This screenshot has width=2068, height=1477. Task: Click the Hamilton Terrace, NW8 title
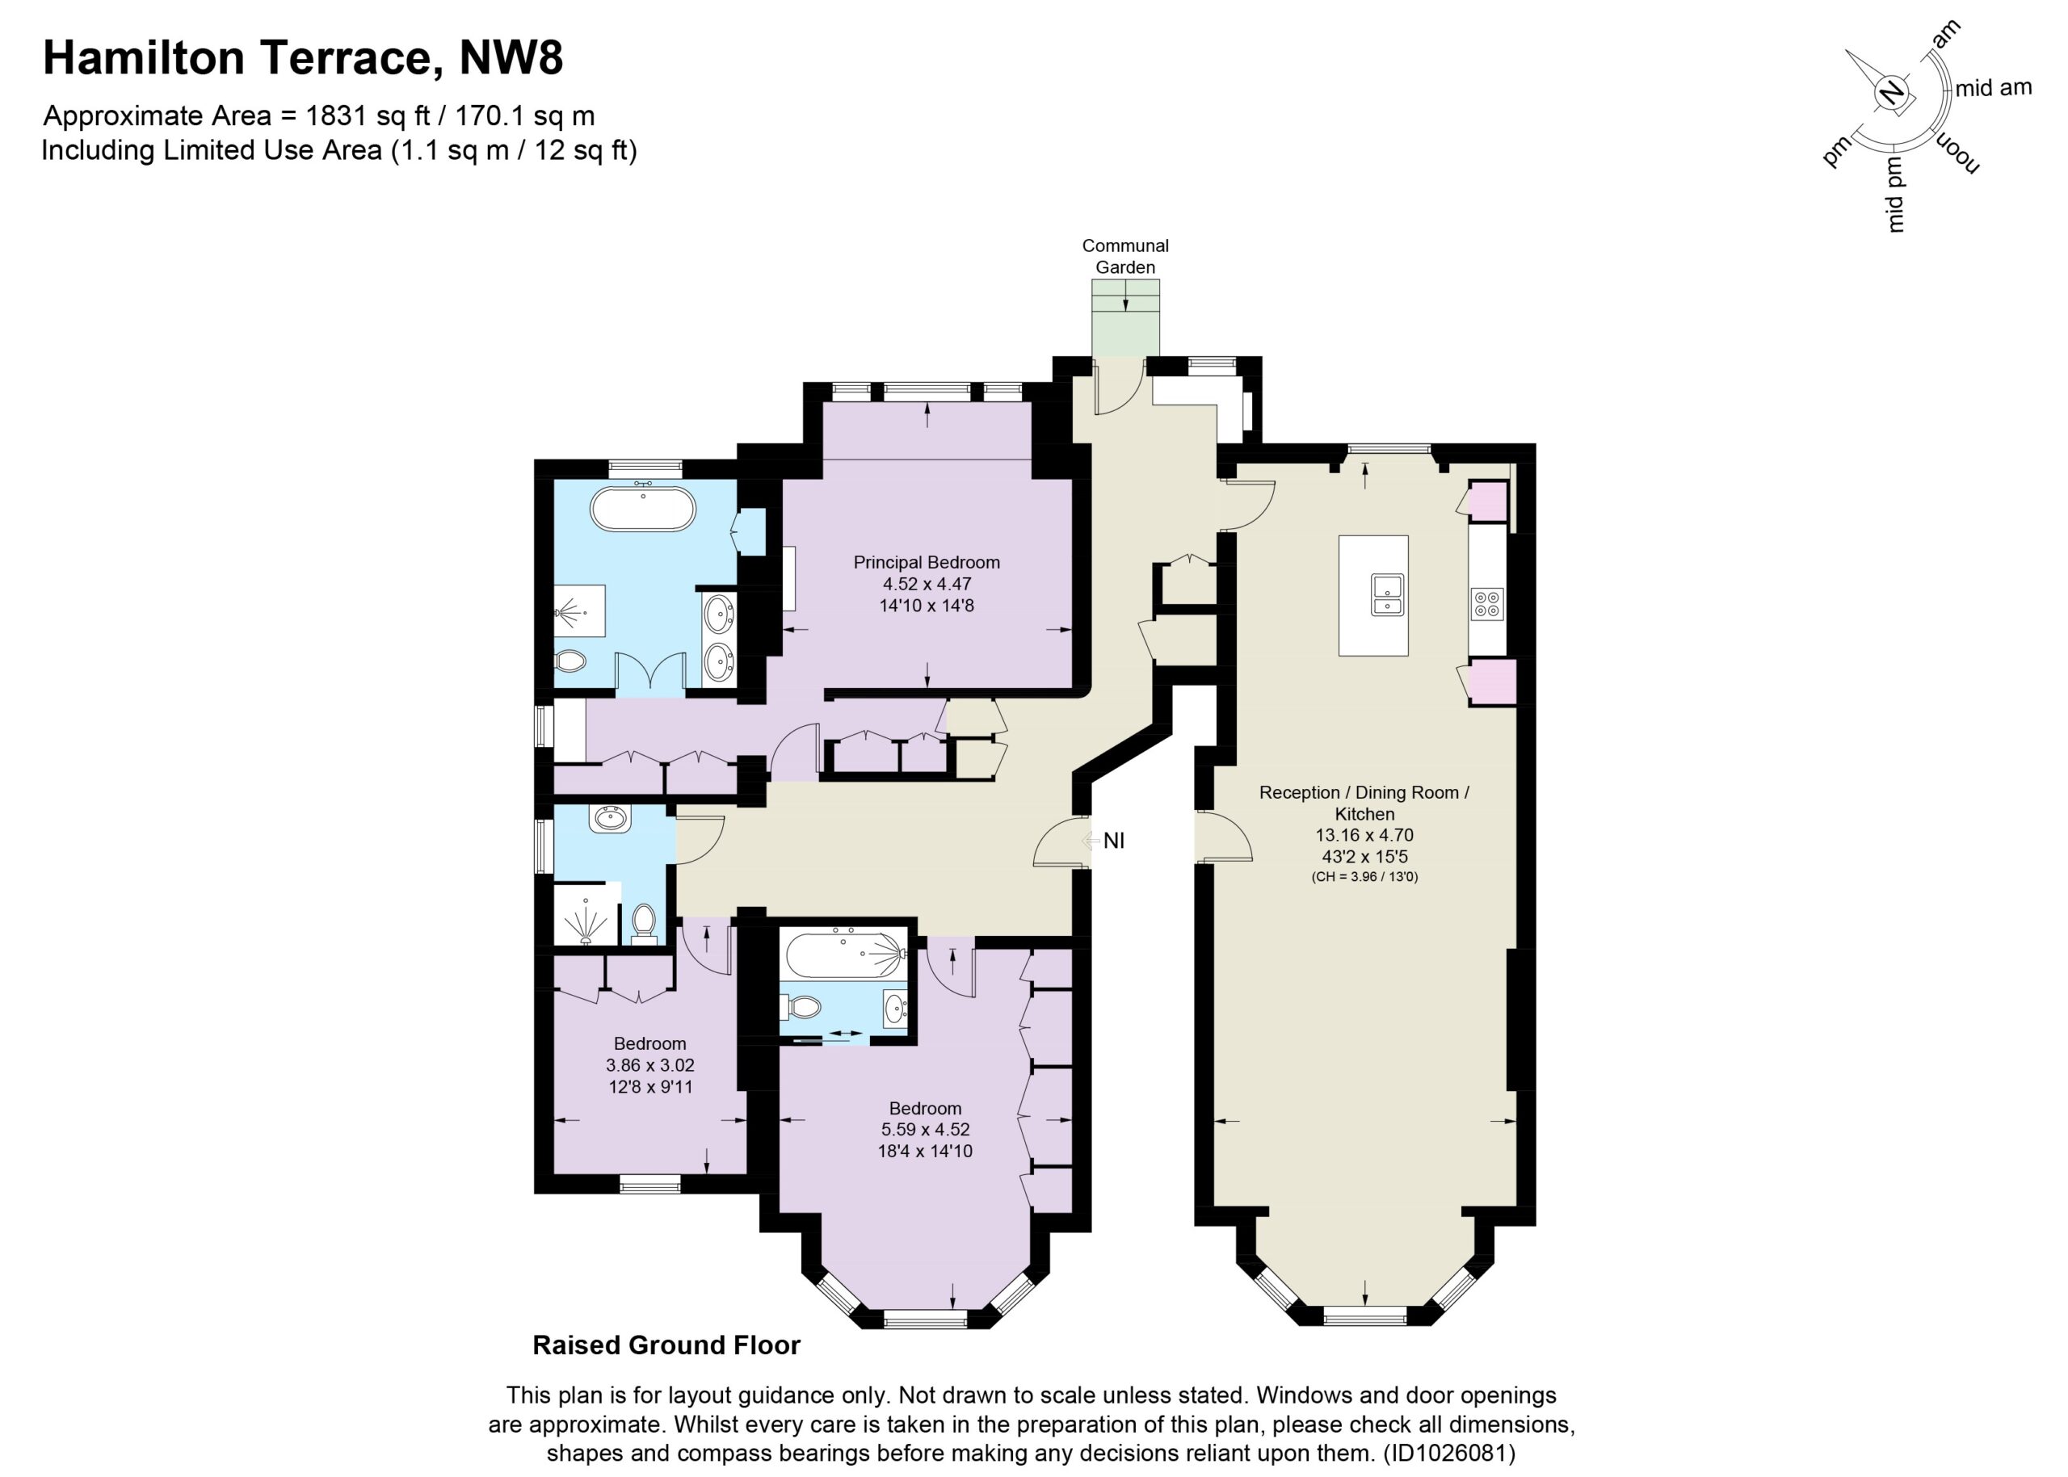303,57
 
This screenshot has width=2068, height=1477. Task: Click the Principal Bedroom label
927,562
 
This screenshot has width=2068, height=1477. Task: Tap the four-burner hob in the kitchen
1486,604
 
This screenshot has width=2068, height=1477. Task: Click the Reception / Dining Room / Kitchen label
1364,803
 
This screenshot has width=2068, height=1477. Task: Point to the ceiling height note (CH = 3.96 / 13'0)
1364,877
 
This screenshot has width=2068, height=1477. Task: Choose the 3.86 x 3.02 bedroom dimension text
649,1065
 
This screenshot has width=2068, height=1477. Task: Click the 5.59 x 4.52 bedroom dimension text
925,1130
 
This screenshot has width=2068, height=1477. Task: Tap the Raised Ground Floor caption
666,1345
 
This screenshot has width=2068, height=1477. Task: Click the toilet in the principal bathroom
569,661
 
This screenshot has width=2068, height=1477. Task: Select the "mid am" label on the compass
1993,88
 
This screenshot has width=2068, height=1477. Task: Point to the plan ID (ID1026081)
1449,1453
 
